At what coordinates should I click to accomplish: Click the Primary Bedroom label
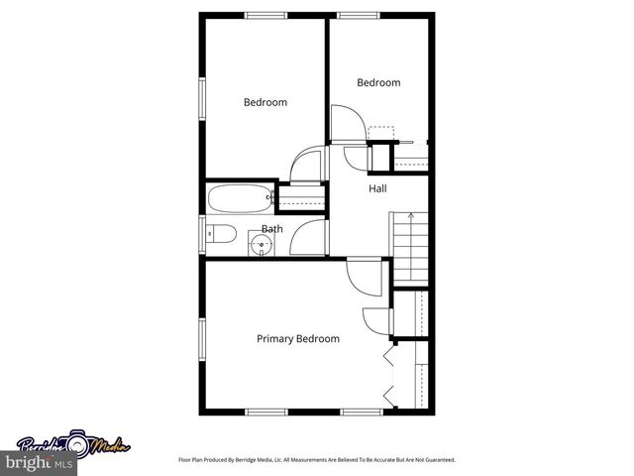point(298,339)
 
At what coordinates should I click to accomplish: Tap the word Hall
point(377,188)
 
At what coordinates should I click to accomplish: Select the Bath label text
point(271,229)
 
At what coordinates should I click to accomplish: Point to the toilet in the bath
point(220,236)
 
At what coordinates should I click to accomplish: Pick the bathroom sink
point(261,244)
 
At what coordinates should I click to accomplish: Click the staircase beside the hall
point(410,245)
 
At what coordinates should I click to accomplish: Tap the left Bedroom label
point(265,102)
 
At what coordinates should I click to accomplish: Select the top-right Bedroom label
point(378,83)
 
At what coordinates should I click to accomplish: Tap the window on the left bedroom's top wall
point(266,14)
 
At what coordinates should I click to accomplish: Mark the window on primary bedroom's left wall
point(201,336)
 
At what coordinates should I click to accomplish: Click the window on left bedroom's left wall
point(201,99)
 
